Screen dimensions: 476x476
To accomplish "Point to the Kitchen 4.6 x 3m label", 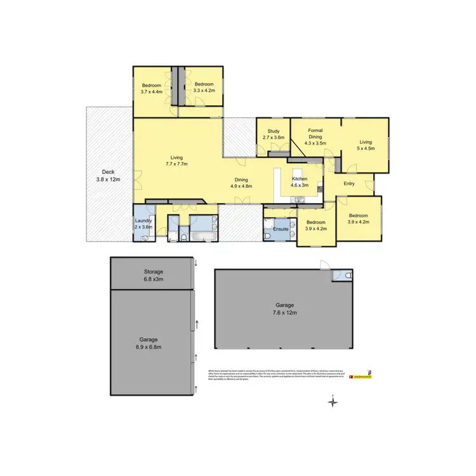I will [x=300, y=182].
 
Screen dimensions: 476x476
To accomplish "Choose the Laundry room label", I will [x=143, y=224].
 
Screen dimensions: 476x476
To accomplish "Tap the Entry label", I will [x=349, y=184].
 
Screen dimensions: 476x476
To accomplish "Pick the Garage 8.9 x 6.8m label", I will [x=149, y=343].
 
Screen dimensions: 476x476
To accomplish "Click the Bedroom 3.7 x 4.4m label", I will [x=152, y=88].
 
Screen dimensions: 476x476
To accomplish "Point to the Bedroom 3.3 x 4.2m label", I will [x=204, y=88].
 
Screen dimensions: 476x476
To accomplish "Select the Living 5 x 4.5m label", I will [x=366, y=145].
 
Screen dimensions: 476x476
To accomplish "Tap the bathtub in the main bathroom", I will [x=203, y=236].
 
